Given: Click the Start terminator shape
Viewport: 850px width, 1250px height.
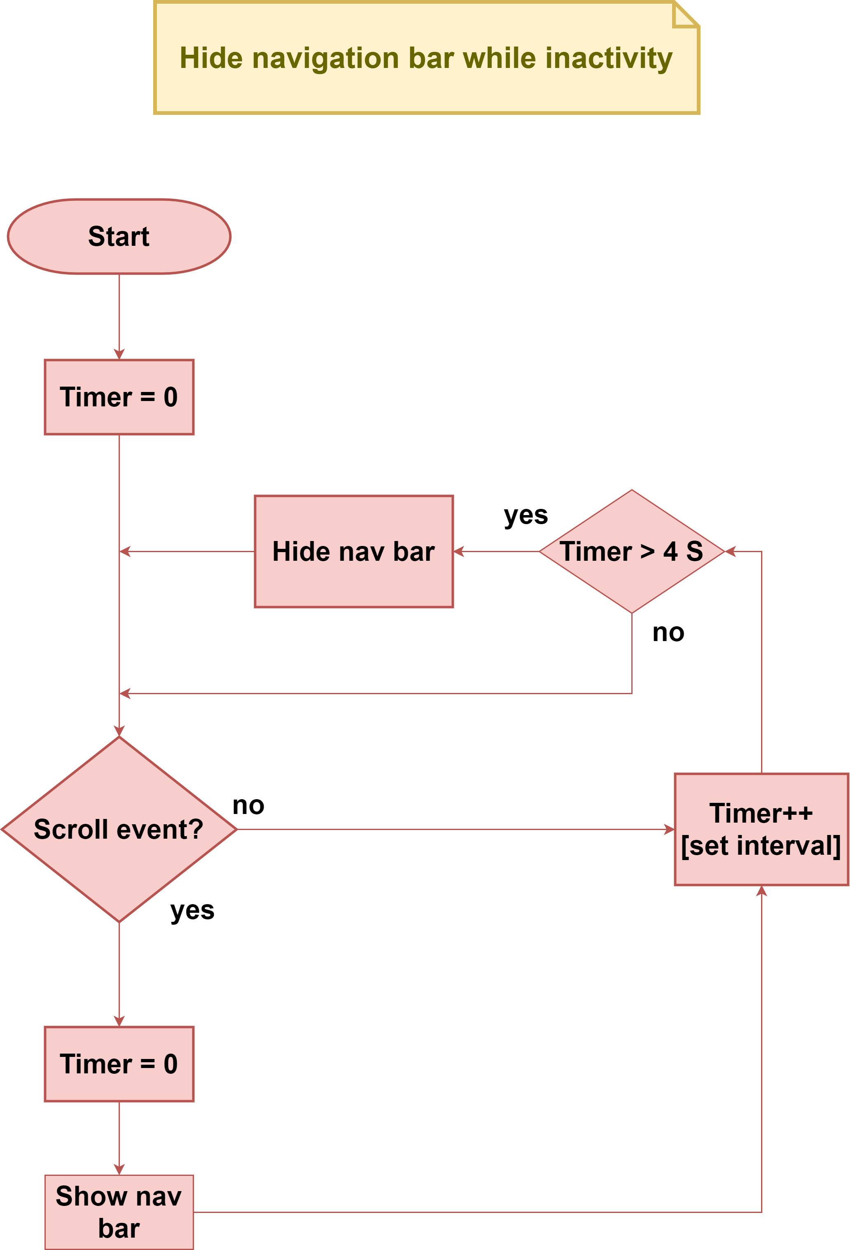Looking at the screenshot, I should pyautogui.click(x=119, y=236).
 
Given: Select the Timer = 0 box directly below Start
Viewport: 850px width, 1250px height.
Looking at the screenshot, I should pyautogui.click(x=119, y=397).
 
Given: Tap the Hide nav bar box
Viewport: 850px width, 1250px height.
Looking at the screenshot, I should pyautogui.click(x=353, y=551).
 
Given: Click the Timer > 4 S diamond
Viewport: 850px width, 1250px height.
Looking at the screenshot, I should pyautogui.click(x=632, y=551).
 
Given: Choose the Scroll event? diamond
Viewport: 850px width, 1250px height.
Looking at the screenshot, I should pyautogui.click(x=119, y=829).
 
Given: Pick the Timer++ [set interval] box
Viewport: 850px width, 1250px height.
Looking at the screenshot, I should pyautogui.click(x=761, y=829).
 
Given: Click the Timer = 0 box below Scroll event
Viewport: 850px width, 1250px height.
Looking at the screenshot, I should pyautogui.click(x=119, y=1063).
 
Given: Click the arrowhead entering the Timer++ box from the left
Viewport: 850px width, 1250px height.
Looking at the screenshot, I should pyautogui.click(x=669, y=829).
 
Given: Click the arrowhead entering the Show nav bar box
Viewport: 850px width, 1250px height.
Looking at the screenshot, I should pyautogui.click(x=119, y=1169).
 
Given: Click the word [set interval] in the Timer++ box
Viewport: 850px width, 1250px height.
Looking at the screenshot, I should pyautogui.click(x=761, y=846).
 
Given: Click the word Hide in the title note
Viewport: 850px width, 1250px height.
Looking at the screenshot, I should pyautogui.click(x=211, y=58).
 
